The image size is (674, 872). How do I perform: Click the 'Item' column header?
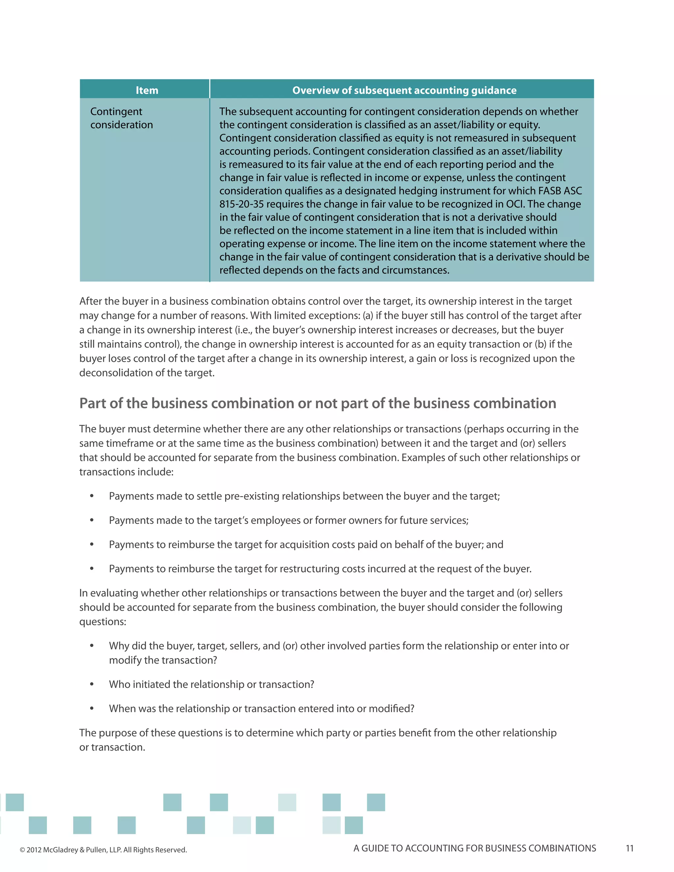click(146, 90)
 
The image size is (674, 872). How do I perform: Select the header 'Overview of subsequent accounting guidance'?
click(404, 90)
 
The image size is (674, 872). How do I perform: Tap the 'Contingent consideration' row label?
click(121, 118)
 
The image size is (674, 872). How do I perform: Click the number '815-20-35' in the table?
click(241, 204)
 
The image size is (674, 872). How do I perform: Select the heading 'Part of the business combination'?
click(318, 403)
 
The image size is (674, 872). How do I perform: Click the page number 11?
click(629, 848)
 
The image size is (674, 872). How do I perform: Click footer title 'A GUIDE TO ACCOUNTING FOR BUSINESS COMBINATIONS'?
click(474, 848)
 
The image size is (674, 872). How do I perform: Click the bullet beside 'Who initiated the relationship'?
click(92, 684)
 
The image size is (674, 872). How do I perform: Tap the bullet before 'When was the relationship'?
click(92, 709)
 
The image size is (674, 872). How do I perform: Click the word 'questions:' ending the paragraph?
click(103, 622)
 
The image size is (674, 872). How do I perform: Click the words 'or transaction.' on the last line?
click(112, 747)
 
